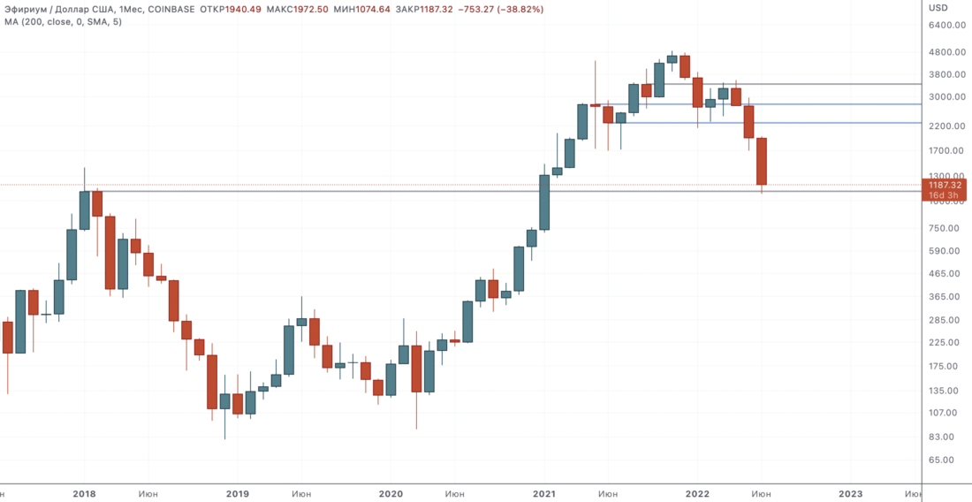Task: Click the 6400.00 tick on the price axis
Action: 945,26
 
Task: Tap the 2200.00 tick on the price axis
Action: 945,126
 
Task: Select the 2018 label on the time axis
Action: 84,494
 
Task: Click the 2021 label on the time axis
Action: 544,494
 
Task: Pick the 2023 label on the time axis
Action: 850,494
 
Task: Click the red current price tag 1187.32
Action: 945,185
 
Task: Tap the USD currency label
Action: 938,8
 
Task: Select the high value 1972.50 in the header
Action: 337,9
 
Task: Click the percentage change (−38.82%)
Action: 519,9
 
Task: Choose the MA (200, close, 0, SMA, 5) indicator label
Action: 62,21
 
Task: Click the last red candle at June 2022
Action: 761,161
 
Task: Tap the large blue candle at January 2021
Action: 544,202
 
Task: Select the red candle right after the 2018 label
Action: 97,203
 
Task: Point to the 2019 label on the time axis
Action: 238,494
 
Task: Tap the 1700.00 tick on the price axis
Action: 945,151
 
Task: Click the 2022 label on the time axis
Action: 698,494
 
